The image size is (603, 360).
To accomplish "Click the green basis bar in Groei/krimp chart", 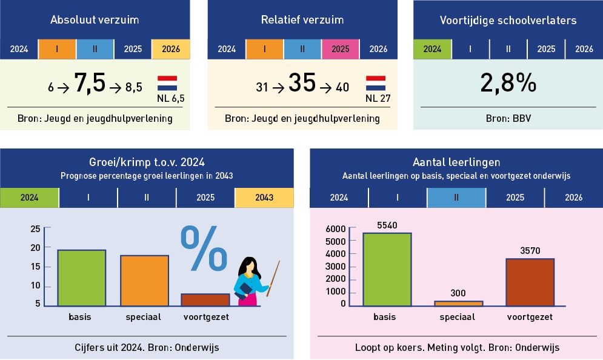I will click(82, 278).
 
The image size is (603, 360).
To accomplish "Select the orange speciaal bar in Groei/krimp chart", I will click(144, 281).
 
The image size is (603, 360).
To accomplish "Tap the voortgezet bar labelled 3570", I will click(530, 282).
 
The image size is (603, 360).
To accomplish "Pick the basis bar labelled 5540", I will click(387, 269).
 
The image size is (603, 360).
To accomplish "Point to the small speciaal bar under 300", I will click(458, 303).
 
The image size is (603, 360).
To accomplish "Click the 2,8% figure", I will click(508, 84).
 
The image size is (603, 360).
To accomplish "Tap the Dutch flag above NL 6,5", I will click(167, 83).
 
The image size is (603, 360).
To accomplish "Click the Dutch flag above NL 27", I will click(375, 83).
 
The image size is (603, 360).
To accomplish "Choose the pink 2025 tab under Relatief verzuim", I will click(341, 49).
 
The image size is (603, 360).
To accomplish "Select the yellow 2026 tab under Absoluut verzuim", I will click(170, 49).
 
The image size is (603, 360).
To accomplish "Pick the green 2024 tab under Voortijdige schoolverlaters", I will click(432, 49).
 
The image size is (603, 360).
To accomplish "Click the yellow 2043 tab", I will click(264, 198).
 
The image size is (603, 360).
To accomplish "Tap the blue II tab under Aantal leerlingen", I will click(456, 198).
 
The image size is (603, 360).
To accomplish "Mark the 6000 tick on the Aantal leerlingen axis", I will click(335, 228).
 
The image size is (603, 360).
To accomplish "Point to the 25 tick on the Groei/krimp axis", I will click(35, 228).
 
